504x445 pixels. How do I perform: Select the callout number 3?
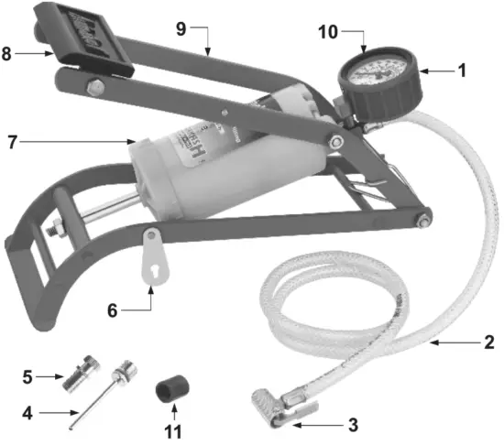coord(354,424)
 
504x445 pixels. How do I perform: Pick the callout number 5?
coord(27,375)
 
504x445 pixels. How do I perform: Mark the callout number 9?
coord(181,28)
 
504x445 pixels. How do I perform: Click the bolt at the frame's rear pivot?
coord(425,218)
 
